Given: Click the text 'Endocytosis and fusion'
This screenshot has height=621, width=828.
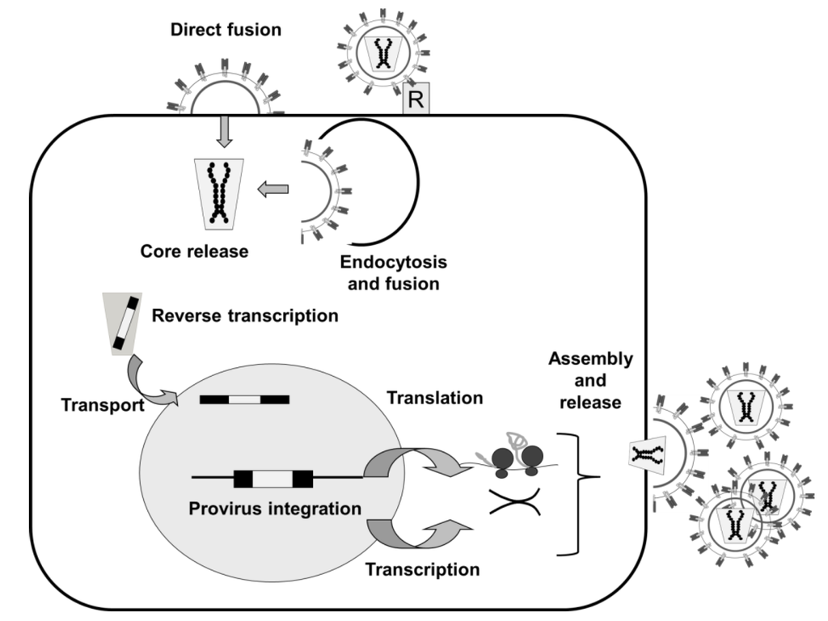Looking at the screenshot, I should coord(393,273).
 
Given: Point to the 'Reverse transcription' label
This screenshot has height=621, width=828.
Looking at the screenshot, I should coord(245,315).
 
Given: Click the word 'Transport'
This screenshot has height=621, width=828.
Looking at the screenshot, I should coord(102,403).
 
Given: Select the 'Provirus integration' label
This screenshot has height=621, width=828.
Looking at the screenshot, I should coord(274,509).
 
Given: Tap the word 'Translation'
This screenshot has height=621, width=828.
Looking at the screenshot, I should coord(434,398).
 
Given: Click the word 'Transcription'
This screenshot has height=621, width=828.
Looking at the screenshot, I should coord(422,568).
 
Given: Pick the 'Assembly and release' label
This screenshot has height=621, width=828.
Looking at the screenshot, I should coord(590,380).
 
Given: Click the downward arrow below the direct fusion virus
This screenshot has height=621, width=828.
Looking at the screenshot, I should coord(225,133).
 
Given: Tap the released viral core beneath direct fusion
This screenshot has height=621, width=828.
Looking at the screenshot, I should coord(218,193).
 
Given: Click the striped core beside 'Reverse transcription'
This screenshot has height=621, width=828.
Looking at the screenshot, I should coord(123,323).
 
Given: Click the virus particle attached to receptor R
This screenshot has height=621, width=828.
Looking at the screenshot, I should coord(378,53).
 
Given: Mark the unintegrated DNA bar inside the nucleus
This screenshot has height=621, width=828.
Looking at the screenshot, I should coord(244,399).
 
